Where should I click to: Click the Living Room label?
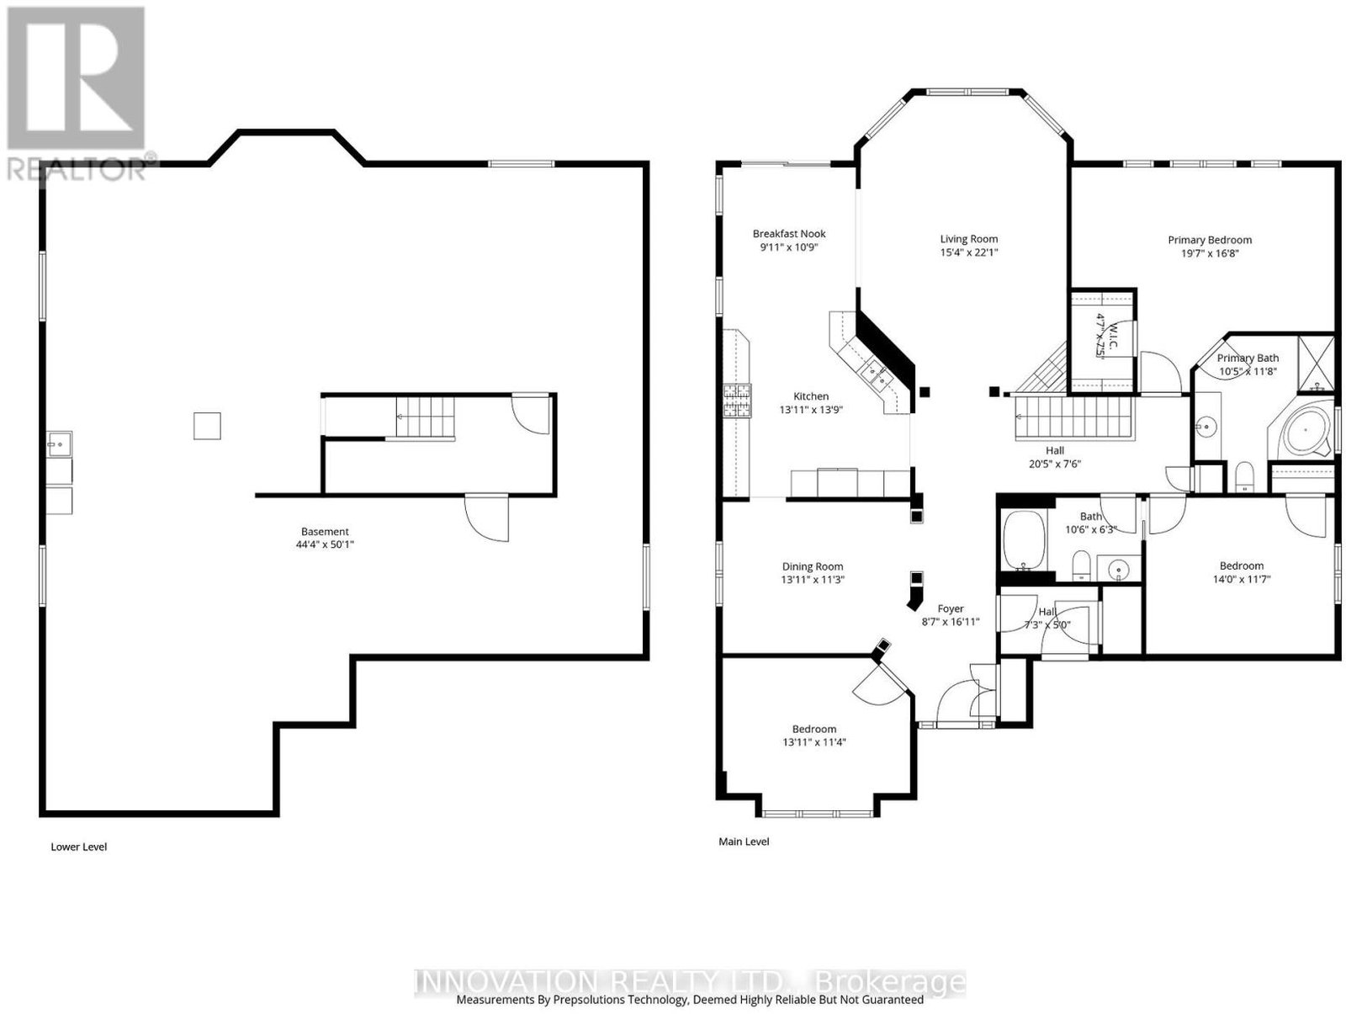[x=969, y=239]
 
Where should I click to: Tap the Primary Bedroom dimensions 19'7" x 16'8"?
[x=1209, y=253]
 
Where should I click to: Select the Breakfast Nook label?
[x=789, y=234]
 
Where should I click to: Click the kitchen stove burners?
[x=737, y=401]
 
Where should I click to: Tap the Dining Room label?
[x=813, y=566]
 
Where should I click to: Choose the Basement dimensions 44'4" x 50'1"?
[x=325, y=544]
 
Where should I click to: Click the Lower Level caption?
[x=78, y=847]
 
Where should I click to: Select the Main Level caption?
[x=744, y=841]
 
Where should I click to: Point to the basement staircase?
[x=424, y=417]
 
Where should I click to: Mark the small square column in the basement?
[x=207, y=426]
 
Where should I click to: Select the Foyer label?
[x=951, y=608]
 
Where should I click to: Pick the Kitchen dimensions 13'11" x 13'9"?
[x=811, y=410]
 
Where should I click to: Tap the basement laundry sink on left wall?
[x=60, y=443]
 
